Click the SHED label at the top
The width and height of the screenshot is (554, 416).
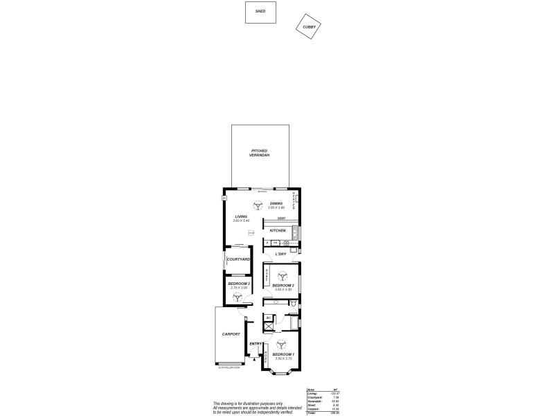click(x=260, y=12)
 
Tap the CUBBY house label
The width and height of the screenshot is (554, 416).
click(x=309, y=27)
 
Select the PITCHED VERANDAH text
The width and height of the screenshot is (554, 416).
click(x=260, y=153)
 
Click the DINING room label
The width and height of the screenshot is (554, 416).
click(x=277, y=203)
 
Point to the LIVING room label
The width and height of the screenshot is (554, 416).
click(x=240, y=216)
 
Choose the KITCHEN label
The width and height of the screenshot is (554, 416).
click(x=278, y=230)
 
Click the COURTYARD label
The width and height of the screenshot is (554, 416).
click(x=238, y=259)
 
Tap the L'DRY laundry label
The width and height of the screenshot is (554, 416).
click(x=280, y=254)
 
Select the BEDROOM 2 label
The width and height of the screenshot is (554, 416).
click(x=283, y=286)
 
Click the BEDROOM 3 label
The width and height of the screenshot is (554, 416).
click(x=239, y=283)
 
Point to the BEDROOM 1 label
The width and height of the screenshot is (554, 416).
click(x=283, y=354)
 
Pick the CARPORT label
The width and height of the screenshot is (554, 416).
click(x=231, y=334)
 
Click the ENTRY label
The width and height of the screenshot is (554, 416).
click(x=255, y=344)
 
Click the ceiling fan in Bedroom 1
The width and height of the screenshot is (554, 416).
click(x=281, y=343)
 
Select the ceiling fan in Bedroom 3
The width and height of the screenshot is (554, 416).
click(x=238, y=296)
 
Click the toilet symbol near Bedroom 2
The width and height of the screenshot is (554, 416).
click(x=294, y=304)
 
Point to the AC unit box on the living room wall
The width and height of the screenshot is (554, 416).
click(x=224, y=199)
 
